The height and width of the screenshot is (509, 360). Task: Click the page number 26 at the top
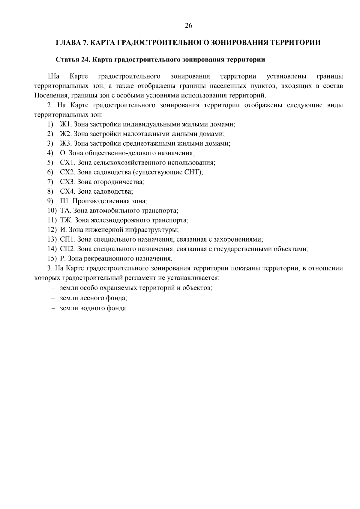pyautogui.click(x=188, y=26)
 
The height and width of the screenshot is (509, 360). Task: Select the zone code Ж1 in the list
pyautogui.click(x=65, y=124)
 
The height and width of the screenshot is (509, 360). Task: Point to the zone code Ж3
pyautogui.click(x=65, y=144)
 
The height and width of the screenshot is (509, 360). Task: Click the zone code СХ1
pyautogui.click(x=67, y=163)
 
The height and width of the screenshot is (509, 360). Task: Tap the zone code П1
pyautogui.click(x=64, y=201)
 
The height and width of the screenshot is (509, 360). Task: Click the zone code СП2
pyautogui.click(x=67, y=249)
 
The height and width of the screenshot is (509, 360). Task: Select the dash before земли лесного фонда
pyautogui.click(x=53, y=298)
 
